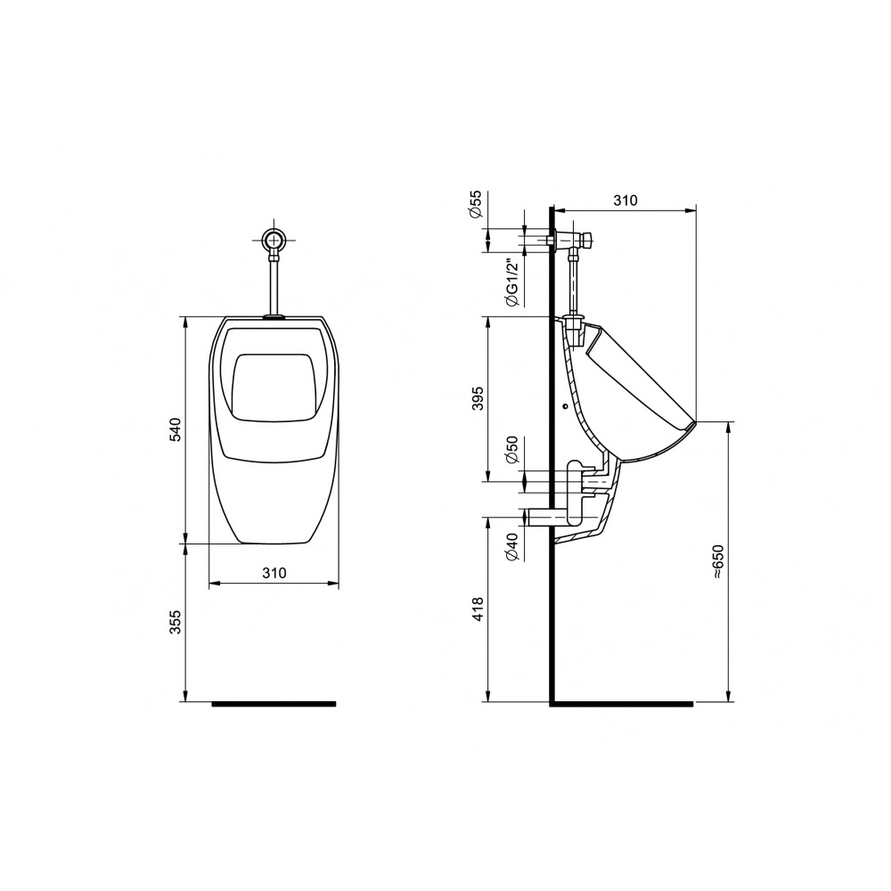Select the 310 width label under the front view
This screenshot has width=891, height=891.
pos(274,573)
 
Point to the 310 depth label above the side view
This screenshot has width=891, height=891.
pos(625,200)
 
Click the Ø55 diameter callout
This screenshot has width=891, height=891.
pos(476,204)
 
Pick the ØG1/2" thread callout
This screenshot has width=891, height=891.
pos(511,282)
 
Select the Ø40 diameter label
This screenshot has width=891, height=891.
pos(511,548)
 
